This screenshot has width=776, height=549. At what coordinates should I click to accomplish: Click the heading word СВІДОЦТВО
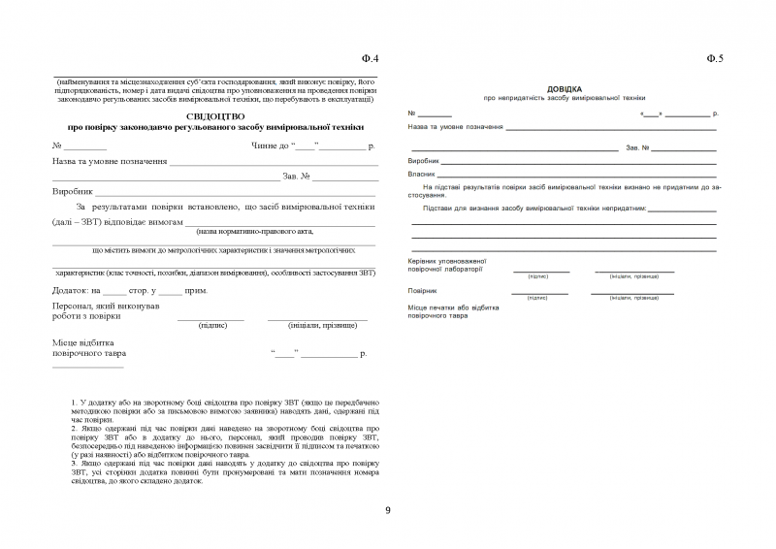(215, 115)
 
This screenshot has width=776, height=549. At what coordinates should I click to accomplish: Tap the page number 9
(387, 510)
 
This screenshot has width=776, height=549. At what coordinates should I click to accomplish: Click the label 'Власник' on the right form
(422, 174)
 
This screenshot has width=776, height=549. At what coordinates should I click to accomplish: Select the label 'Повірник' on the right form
(423, 291)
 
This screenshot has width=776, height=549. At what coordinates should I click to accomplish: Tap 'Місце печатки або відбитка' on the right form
(454, 307)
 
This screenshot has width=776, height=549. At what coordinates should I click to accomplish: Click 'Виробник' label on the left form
(72, 192)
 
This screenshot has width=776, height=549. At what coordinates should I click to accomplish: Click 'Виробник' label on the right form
(424, 160)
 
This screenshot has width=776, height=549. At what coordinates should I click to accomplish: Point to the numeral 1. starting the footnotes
(75, 402)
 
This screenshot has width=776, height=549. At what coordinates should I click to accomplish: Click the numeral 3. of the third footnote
(75, 463)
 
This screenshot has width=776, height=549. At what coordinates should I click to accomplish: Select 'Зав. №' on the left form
(296, 177)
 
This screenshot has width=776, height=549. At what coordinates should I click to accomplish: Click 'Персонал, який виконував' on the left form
(105, 306)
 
